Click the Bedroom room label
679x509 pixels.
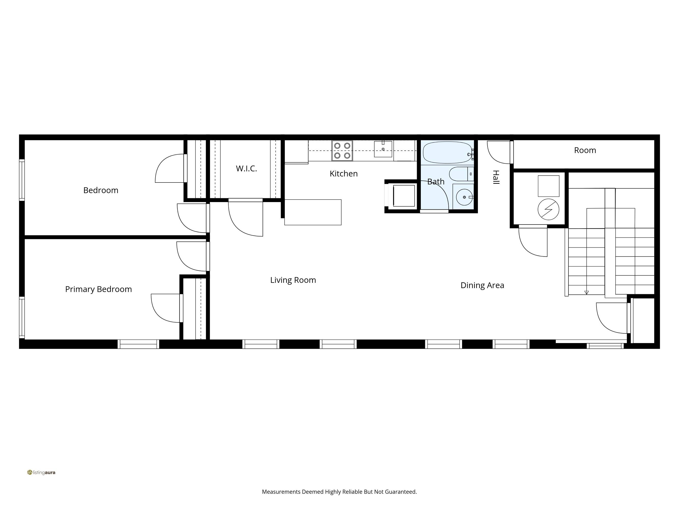(x=101, y=190)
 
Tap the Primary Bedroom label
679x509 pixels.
(x=99, y=289)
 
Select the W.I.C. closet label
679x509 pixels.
(x=246, y=168)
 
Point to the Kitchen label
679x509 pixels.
(x=343, y=174)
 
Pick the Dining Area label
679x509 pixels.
(x=482, y=285)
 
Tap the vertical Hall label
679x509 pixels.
(x=496, y=177)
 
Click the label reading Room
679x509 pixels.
(x=585, y=150)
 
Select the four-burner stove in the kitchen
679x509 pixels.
(x=342, y=151)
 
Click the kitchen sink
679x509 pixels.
(x=383, y=149)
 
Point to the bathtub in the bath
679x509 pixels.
(x=447, y=152)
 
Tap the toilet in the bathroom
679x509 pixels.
(x=461, y=174)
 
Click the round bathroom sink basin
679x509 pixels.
(x=464, y=197)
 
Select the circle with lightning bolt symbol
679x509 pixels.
(x=548, y=209)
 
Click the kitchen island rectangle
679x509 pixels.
(x=313, y=212)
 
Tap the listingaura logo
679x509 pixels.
(x=41, y=473)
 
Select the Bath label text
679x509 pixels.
(x=436, y=182)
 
